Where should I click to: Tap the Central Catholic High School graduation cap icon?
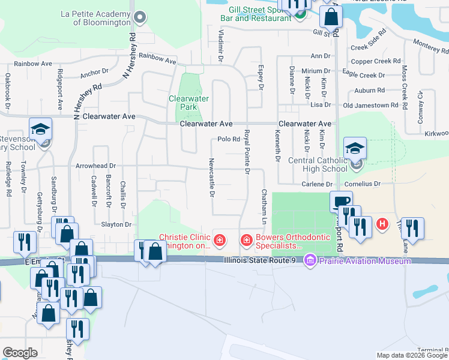click(x=355, y=148)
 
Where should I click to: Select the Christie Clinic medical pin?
click(x=220, y=241)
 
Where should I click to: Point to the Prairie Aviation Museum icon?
click(x=310, y=260)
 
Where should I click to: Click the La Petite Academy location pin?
click(x=140, y=17)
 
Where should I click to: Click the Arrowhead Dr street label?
click(x=95, y=165)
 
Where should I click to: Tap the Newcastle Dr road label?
click(x=211, y=178)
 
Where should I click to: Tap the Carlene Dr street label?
click(x=317, y=184)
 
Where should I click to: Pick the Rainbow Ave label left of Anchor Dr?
click(x=34, y=63)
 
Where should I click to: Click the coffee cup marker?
click(x=341, y=202)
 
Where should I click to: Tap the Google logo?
click(x=20, y=352)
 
